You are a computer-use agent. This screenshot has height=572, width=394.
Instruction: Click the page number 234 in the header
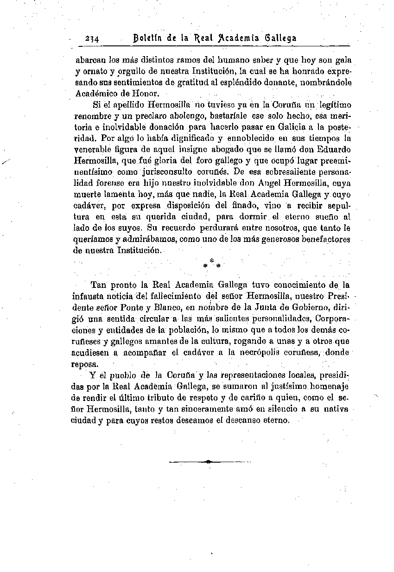tap(94, 39)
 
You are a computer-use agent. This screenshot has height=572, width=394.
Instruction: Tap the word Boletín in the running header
tap(148, 38)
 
